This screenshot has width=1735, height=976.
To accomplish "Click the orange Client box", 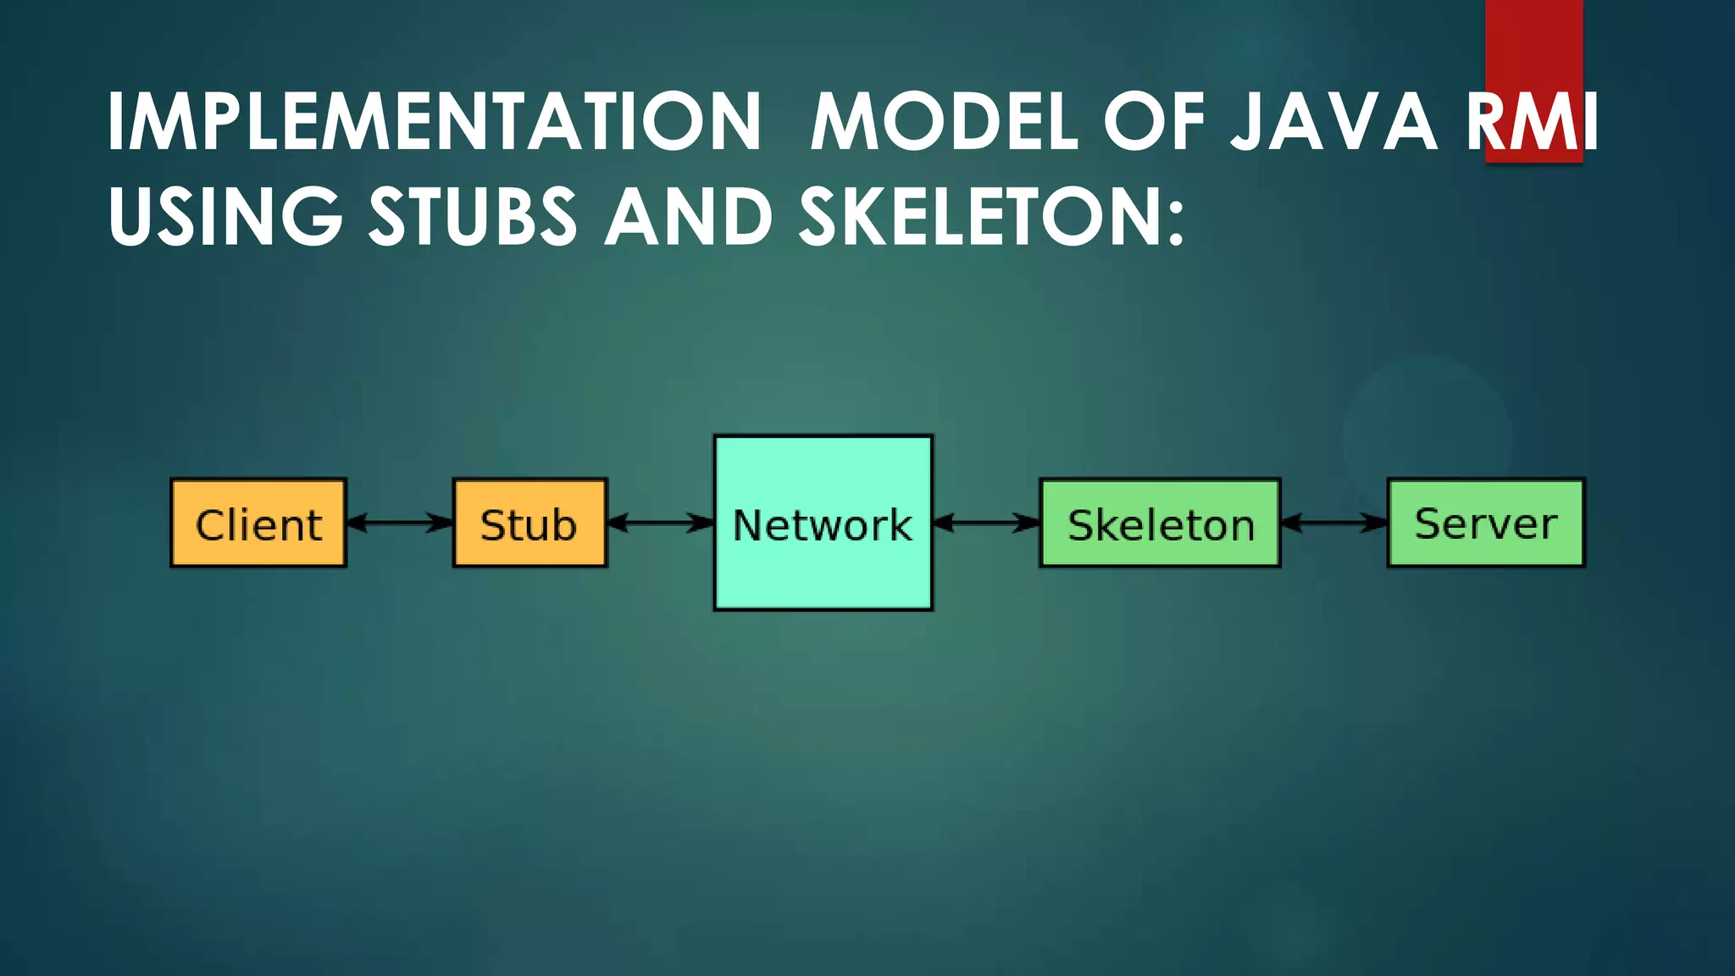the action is (258, 523).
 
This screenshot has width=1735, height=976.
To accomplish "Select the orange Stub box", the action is (529, 523).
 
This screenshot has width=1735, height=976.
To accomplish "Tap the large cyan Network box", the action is (823, 523).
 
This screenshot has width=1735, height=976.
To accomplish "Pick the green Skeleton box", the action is (1160, 523).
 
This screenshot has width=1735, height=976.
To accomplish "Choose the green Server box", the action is (1485, 523).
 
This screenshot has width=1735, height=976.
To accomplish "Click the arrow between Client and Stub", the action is (399, 523).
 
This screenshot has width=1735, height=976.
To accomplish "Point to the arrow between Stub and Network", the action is (661, 523).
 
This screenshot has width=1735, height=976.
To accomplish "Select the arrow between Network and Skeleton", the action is (986, 523).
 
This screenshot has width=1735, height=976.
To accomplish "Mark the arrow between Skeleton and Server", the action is (1333, 523).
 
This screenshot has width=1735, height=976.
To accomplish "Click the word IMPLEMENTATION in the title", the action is (434, 122).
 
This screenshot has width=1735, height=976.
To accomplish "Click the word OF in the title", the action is (1154, 122).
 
